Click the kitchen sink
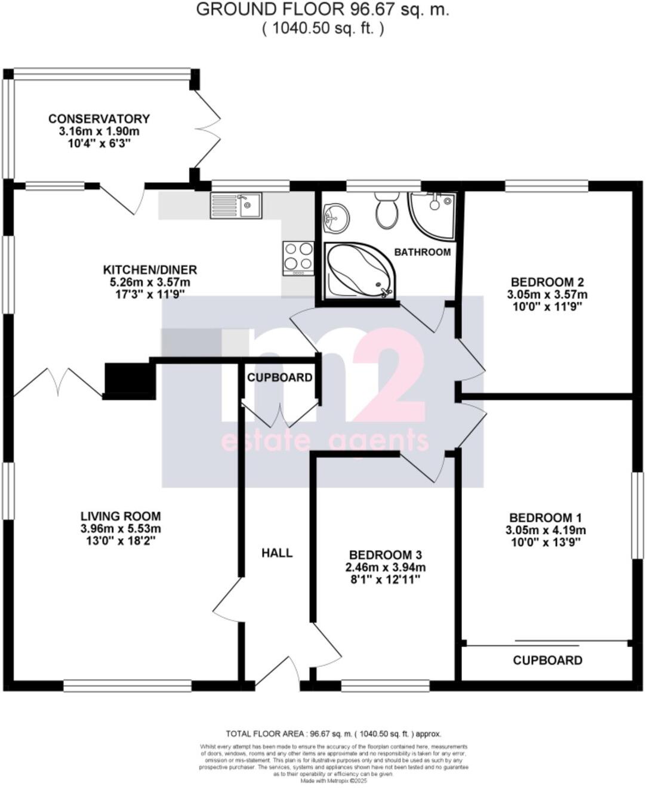[x=235, y=206]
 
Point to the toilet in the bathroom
[x=387, y=210]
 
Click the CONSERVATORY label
[x=99, y=119]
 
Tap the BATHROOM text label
[x=423, y=252]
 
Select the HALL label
[x=278, y=553]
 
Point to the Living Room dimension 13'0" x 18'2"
[x=121, y=541]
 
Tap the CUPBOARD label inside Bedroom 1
[x=547, y=660]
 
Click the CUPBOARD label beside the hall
[x=279, y=378]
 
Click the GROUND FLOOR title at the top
[x=322, y=10]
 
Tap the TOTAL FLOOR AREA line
[x=333, y=734]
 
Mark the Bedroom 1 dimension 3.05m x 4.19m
[x=546, y=530]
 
